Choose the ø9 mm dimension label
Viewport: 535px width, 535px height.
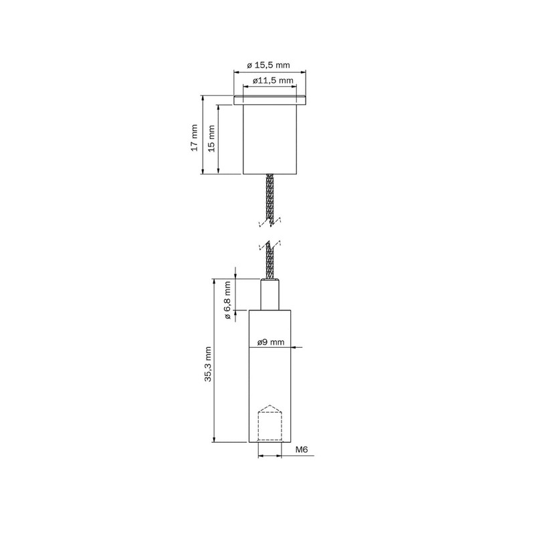[271, 342]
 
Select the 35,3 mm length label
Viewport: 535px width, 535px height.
[209, 364]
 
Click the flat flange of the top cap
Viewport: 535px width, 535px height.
[270, 100]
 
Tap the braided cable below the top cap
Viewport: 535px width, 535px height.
[271, 197]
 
